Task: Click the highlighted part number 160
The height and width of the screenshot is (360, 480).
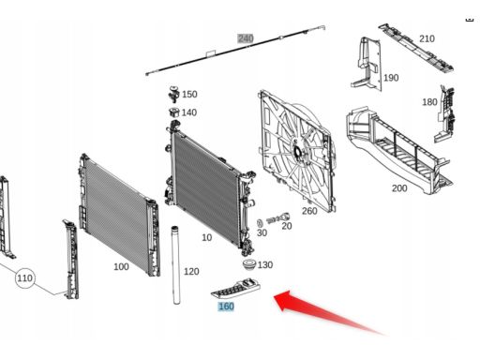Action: point(226,307)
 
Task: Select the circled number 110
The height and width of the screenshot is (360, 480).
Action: point(24,277)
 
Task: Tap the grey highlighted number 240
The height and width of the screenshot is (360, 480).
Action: point(246,38)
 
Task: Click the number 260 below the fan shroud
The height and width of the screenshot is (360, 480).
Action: point(309,211)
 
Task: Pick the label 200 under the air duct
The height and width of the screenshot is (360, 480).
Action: point(399,188)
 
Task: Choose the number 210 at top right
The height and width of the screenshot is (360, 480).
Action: point(427,38)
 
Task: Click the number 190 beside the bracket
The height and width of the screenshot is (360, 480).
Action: point(391,78)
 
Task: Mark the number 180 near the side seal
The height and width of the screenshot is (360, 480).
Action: point(429,102)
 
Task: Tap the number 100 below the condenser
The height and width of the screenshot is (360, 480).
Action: point(121,266)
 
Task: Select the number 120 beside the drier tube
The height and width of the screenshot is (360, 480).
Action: point(191,271)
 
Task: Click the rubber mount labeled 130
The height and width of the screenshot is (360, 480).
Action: point(249,264)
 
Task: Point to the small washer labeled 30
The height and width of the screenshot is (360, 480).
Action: point(260,223)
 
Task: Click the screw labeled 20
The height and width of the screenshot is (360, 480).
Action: point(278,218)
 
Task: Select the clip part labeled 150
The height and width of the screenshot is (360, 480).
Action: point(174,94)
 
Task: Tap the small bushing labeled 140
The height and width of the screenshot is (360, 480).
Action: point(174,112)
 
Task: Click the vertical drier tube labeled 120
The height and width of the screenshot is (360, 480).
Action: point(176,264)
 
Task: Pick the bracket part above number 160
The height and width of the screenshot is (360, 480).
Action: point(236,288)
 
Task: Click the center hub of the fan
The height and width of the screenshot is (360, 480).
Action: point(297,152)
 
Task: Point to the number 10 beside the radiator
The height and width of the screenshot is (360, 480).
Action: point(207,237)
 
